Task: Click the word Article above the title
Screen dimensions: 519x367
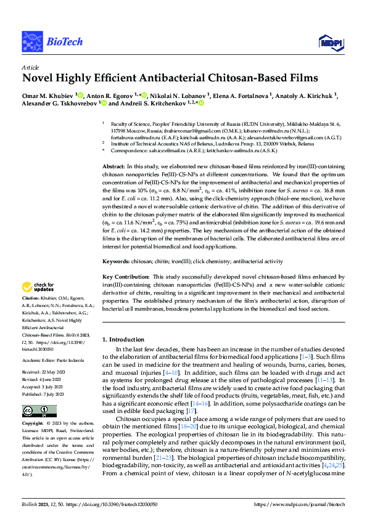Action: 30,67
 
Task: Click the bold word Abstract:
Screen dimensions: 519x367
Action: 113,167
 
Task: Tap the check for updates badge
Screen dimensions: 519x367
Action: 38,287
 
